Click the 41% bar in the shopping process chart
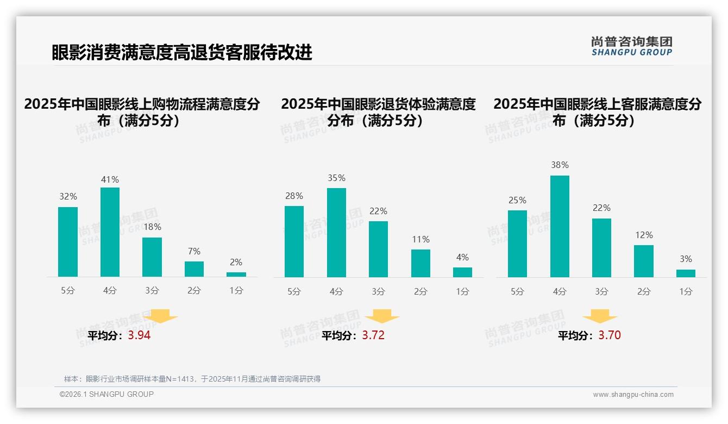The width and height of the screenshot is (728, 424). click(110, 232)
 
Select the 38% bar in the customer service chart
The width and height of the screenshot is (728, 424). click(560, 226)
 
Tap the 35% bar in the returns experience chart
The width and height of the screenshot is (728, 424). click(336, 233)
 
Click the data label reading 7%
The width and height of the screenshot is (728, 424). click(194, 251)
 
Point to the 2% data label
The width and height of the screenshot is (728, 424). click(236, 262)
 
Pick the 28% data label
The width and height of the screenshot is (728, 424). click(294, 196)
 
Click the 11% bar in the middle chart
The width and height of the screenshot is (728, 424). click(421, 263)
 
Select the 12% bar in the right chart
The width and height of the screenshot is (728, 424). click(644, 261)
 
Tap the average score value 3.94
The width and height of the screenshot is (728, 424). click(139, 335)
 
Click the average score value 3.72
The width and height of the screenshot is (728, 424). click(373, 335)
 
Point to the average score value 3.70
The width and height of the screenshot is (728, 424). click(610, 335)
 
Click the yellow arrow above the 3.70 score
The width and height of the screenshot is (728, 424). click(600, 317)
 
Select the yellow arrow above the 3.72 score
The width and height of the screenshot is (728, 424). click(382, 317)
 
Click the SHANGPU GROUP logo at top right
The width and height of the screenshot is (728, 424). click(631, 46)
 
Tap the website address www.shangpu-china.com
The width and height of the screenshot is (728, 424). click(633, 395)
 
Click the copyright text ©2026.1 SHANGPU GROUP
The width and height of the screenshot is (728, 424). click(106, 394)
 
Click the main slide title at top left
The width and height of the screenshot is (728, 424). click(182, 53)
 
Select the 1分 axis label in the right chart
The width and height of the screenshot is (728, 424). click(686, 291)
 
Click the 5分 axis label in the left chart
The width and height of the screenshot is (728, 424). click(68, 291)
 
